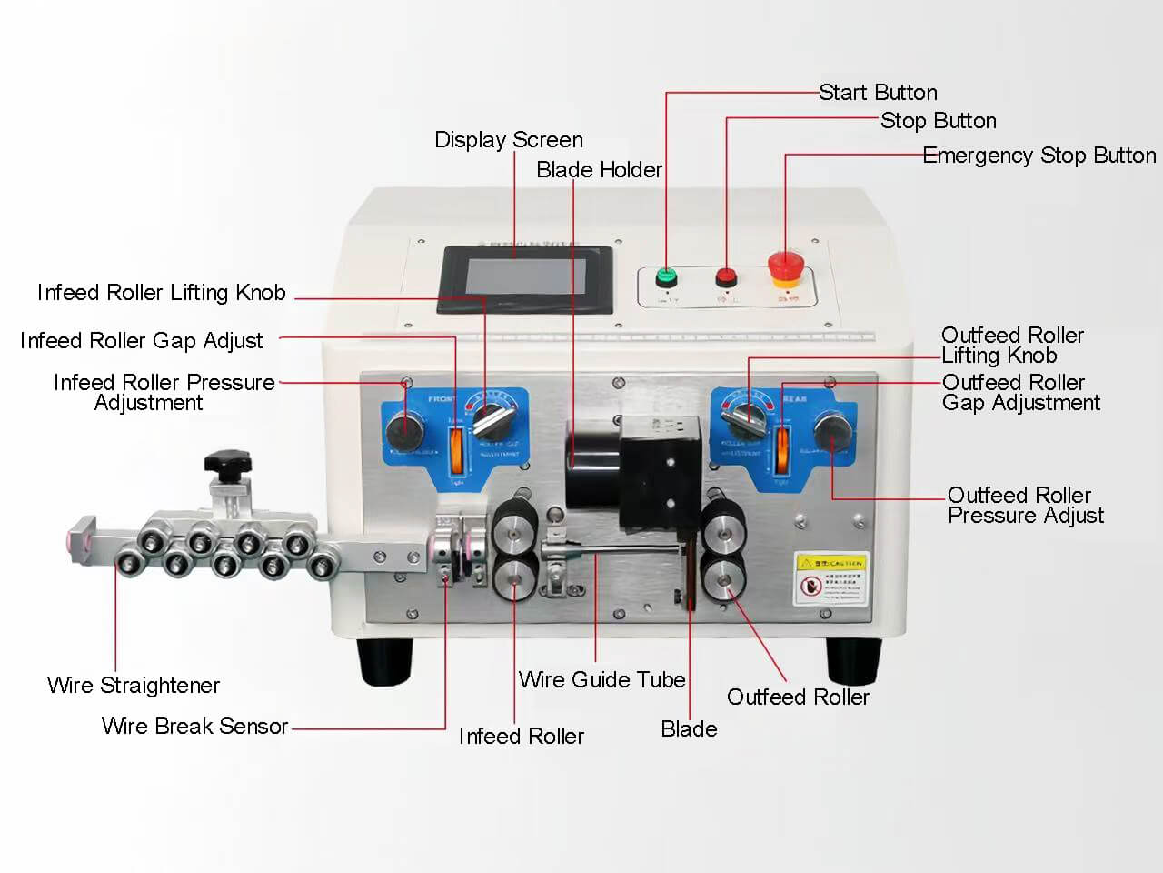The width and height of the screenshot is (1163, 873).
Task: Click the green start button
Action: click(x=667, y=276)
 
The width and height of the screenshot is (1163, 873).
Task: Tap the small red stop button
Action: click(x=726, y=276)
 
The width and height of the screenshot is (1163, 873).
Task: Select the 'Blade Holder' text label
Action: click(x=599, y=170)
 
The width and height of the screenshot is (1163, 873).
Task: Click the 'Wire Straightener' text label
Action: click(x=134, y=686)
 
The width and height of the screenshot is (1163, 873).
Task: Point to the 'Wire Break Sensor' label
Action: click(x=194, y=727)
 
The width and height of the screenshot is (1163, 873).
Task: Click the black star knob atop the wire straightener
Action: click(x=227, y=463)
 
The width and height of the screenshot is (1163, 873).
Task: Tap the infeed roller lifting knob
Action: click(x=491, y=420)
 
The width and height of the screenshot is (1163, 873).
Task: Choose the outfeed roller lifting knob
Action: click(x=742, y=419)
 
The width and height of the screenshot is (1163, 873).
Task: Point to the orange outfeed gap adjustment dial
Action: click(x=780, y=449)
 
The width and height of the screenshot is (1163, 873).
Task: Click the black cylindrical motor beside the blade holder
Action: click(x=591, y=464)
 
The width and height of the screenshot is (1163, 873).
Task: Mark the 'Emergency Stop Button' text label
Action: click(x=1039, y=156)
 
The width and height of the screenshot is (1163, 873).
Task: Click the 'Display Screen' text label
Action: click(x=509, y=140)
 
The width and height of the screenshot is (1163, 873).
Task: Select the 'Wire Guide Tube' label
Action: click(x=601, y=680)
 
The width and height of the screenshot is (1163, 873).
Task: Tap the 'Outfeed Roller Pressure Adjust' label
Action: click(x=1025, y=506)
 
